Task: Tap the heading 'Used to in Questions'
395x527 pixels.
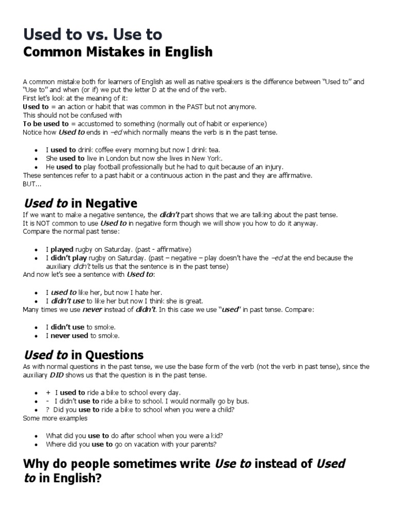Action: (83, 355)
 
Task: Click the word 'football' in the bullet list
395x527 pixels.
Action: (111, 167)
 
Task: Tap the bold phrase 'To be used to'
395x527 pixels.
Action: (46, 124)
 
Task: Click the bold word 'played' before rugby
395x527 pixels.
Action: (62, 249)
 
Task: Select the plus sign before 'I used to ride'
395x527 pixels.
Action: (48, 393)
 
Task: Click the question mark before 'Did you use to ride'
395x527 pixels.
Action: (48, 410)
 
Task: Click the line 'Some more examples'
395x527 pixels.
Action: (48, 418)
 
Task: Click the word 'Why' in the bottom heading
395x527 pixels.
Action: (35, 463)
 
